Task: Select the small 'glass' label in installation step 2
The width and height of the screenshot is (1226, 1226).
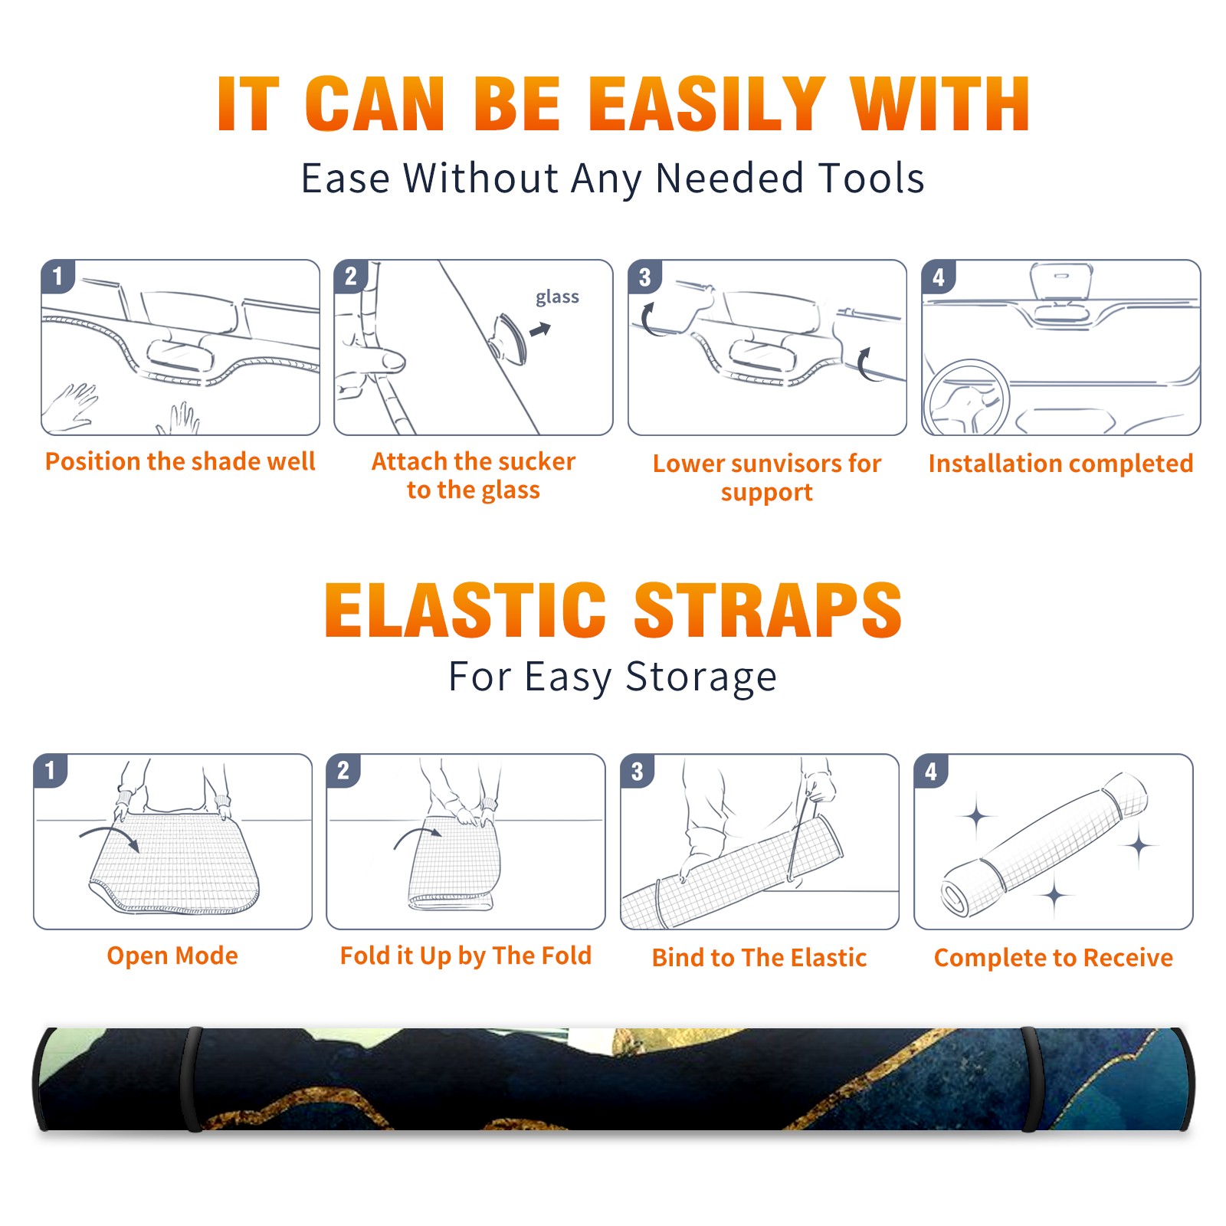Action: pyautogui.click(x=557, y=297)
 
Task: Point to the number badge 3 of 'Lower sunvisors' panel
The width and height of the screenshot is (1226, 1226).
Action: pyautogui.click(x=644, y=277)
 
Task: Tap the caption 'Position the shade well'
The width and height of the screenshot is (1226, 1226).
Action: pyautogui.click(x=180, y=461)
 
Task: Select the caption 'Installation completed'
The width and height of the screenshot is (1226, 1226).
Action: pyautogui.click(x=1060, y=463)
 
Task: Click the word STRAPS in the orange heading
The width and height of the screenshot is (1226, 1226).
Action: pyautogui.click(x=768, y=610)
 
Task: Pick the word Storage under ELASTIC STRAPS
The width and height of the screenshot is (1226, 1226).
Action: pyautogui.click(x=701, y=677)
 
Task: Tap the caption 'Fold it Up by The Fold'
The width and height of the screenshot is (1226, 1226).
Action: pyautogui.click(x=466, y=956)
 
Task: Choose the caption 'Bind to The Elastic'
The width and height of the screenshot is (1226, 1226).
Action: pyautogui.click(x=759, y=958)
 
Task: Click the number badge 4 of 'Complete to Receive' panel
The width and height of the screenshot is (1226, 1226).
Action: pyautogui.click(x=930, y=771)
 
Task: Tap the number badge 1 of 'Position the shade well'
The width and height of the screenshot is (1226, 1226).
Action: pyautogui.click(x=57, y=276)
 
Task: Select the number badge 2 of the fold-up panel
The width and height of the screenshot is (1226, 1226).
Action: pyautogui.click(x=343, y=771)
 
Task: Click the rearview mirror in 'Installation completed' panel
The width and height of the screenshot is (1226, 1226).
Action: pyautogui.click(x=1061, y=280)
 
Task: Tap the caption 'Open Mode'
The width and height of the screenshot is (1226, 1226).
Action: pyautogui.click(x=172, y=956)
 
